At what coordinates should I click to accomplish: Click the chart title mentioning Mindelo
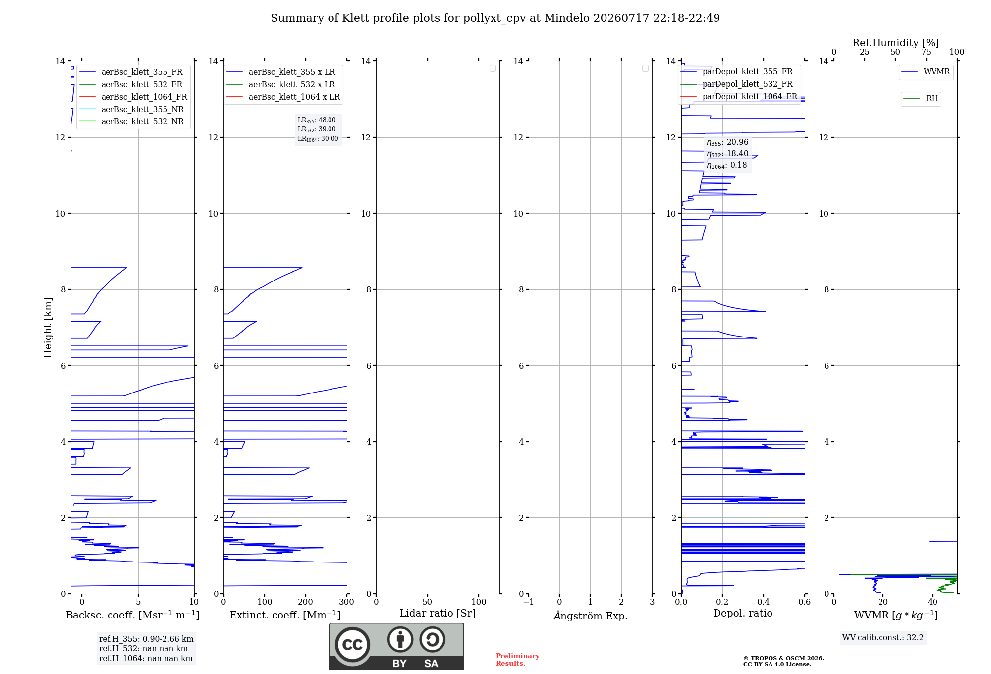pos(495,18)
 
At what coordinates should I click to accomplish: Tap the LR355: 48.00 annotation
pos(317,120)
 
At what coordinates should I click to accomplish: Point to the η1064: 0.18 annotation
pos(727,165)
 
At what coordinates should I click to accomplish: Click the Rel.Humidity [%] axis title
pos(895,43)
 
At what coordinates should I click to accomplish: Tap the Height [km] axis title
pos(48,327)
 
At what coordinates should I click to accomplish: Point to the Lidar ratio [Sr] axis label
pos(438,614)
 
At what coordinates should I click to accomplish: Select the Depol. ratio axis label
pos(743,614)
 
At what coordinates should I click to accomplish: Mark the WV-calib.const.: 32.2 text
pos(883,638)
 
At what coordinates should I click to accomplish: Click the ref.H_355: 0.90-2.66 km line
pos(146,639)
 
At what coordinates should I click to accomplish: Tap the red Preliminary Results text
pos(518,660)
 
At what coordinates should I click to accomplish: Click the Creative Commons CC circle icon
pos(352,645)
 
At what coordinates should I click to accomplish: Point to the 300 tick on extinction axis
pos(347,602)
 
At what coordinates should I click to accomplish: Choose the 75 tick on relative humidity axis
pos(926,52)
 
